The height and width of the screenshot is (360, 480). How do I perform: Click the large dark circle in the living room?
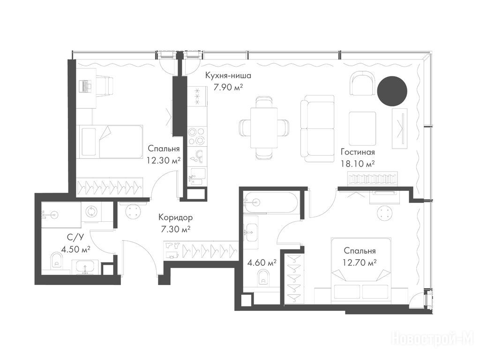(392, 91)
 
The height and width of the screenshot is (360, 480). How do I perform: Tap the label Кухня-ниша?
(228, 75)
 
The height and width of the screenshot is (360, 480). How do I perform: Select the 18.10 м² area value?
(358, 164)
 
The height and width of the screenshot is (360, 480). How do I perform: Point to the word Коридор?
(175, 217)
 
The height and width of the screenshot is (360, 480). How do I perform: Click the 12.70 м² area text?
(360, 262)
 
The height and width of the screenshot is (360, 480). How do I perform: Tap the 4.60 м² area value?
(262, 262)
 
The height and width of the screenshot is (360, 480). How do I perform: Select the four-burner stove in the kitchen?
(196, 136)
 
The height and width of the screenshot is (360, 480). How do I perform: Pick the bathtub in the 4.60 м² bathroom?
(270, 202)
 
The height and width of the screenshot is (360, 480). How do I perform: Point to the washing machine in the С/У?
(91, 211)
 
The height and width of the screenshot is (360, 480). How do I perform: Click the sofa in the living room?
(317, 128)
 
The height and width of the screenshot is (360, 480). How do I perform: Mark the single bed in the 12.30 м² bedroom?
(110, 142)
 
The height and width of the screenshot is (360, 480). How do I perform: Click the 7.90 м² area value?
(228, 88)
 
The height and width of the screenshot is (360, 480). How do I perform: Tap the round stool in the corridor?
(134, 211)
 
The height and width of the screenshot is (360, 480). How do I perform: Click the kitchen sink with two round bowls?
(196, 156)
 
